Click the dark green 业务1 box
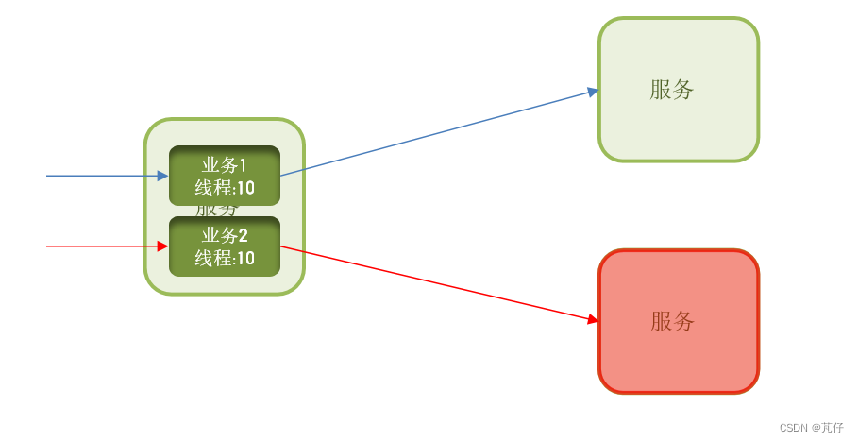(225, 176)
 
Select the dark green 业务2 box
(225, 246)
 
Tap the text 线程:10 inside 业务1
(225, 187)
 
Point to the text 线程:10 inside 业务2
(225, 258)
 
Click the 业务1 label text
(225, 165)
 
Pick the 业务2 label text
(225, 236)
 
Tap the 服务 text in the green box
(672, 90)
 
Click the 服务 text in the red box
(672, 321)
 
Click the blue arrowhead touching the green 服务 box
(594, 92)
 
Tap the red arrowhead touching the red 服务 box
(594, 320)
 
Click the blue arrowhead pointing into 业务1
(163, 176)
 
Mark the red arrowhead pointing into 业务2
(163, 246)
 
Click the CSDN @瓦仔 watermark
(812, 428)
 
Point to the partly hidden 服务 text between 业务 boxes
(218, 211)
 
